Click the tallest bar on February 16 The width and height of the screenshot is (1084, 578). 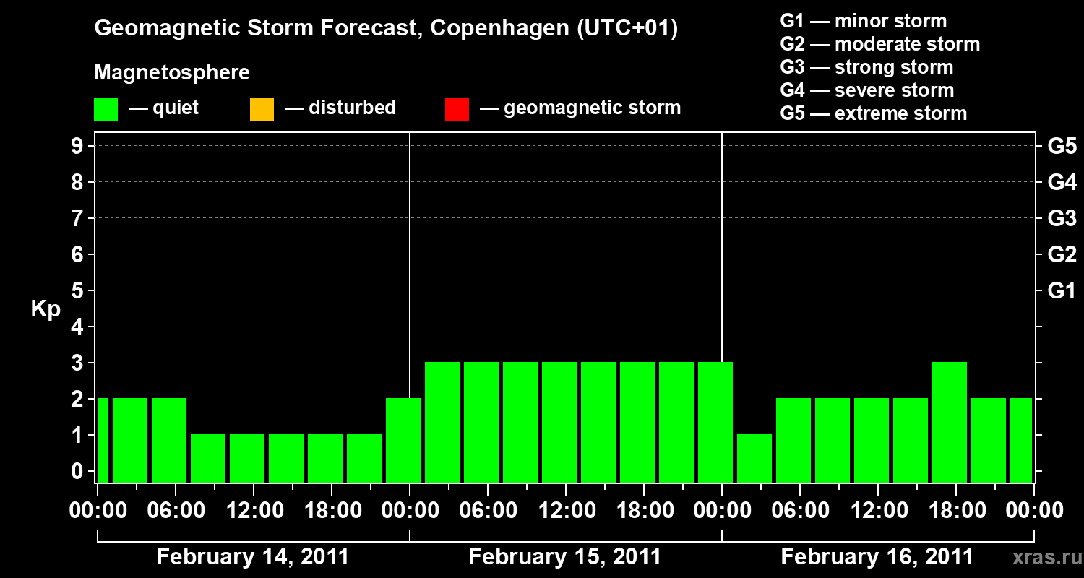click(x=950, y=422)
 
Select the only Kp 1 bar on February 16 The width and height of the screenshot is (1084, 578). click(x=754, y=458)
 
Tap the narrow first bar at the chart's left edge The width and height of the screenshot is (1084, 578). click(x=103, y=440)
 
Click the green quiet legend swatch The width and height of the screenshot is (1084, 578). click(x=106, y=109)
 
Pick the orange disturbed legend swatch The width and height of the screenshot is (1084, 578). click(x=262, y=109)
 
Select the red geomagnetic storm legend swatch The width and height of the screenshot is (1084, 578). click(x=457, y=109)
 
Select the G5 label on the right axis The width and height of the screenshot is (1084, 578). click(x=1062, y=146)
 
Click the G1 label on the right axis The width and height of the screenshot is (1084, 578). click(x=1062, y=290)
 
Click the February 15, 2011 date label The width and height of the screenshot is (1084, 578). click(x=565, y=557)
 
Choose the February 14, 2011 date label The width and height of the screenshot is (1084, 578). click(x=253, y=557)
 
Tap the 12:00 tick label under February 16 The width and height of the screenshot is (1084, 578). click(x=877, y=511)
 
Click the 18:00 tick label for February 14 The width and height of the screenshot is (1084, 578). click(x=331, y=511)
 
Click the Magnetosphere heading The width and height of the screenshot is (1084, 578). click(x=172, y=73)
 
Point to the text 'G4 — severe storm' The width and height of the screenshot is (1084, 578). click(x=867, y=90)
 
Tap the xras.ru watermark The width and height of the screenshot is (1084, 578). click(x=1042, y=557)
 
